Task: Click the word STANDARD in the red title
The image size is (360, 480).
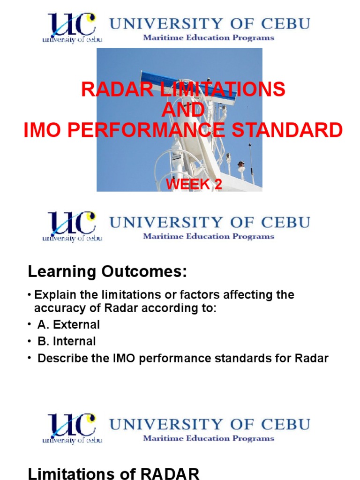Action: [x=296, y=130]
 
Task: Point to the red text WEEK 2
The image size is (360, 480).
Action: [x=194, y=184]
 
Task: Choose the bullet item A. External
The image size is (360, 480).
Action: [x=68, y=324]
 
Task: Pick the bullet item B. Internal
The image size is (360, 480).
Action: [x=67, y=341]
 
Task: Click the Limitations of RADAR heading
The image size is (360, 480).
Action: [x=114, y=474]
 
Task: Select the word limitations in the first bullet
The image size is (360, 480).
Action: [x=115, y=295]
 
